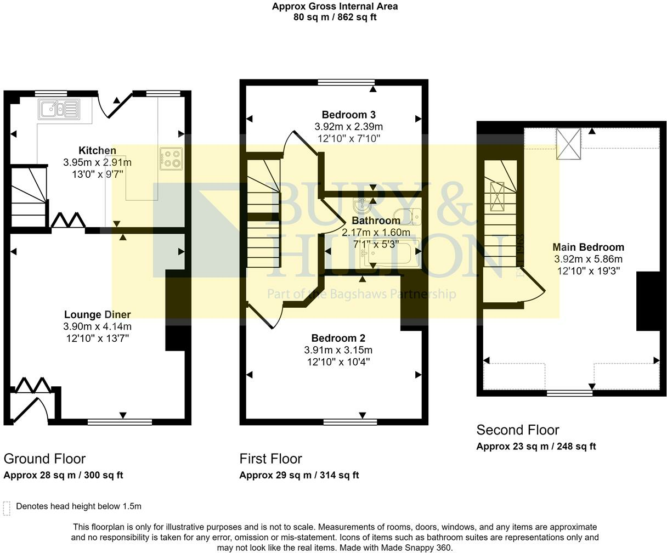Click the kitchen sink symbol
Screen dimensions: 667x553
tap(59, 109)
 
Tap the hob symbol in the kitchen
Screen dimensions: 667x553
tap(171, 159)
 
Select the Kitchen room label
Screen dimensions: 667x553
tap(98, 150)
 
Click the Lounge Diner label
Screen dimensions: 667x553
tap(98, 315)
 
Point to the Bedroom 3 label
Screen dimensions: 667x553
tap(348, 115)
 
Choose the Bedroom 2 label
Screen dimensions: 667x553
tap(338, 338)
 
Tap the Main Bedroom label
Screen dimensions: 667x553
tap(589, 247)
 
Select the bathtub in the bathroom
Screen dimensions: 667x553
tap(389, 253)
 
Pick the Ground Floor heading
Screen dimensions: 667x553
tap(45, 459)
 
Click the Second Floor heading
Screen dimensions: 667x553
tap(518, 430)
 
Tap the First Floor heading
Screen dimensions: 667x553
tap(270, 459)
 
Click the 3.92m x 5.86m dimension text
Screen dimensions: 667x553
tap(589, 259)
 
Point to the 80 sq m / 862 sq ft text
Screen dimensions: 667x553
tap(335, 17)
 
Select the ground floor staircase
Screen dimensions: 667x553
tap(29, 197)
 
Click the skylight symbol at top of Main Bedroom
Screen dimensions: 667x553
tap(568, 143)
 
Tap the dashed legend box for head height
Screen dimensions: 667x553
tap(7, 509)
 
